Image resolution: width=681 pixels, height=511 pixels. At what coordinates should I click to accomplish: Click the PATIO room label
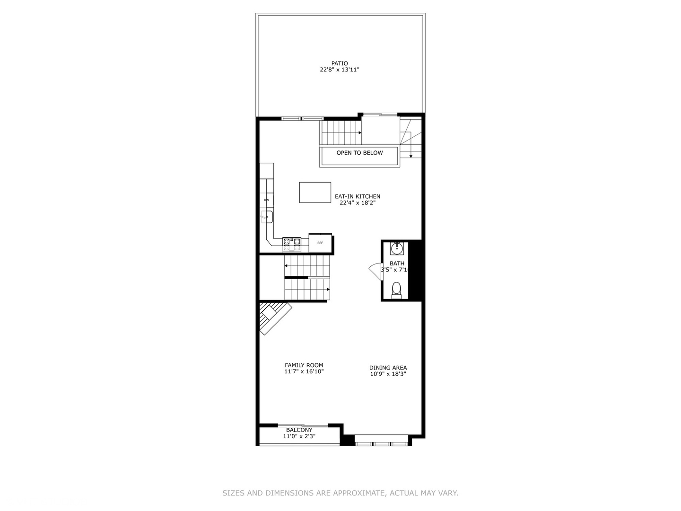tap(340, 63)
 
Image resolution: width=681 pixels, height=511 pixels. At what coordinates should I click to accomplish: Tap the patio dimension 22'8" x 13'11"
tap(340, 70)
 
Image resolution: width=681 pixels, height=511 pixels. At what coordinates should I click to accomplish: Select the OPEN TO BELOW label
tap(359, 153)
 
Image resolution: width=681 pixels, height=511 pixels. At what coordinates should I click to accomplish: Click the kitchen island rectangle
tap(315, 192)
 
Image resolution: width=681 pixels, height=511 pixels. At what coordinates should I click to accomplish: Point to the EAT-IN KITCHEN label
tap(358, 196)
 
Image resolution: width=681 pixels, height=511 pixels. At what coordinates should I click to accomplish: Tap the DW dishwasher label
tap(266, 200)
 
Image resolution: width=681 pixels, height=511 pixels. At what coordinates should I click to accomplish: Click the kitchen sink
tap(266, 217)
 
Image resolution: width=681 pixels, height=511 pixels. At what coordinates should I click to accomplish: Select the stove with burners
tap(292, 243)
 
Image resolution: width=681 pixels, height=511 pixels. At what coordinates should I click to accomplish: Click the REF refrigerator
tap(320, 243)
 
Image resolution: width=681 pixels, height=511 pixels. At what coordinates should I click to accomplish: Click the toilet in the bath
tap(396, 289)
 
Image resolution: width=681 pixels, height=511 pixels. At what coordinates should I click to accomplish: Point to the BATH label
tap(397, 264)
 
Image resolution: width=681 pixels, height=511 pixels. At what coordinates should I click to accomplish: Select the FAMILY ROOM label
tap(304, 365)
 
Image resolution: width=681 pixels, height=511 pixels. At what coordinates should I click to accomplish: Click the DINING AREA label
tap(388, 368)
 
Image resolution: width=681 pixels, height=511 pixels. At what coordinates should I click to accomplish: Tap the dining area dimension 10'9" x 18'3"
tap(388, 374)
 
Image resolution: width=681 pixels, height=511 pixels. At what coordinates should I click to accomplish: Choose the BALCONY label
tap(299, 430)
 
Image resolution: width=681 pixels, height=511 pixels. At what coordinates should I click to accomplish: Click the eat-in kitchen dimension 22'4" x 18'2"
tap(358, 203)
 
